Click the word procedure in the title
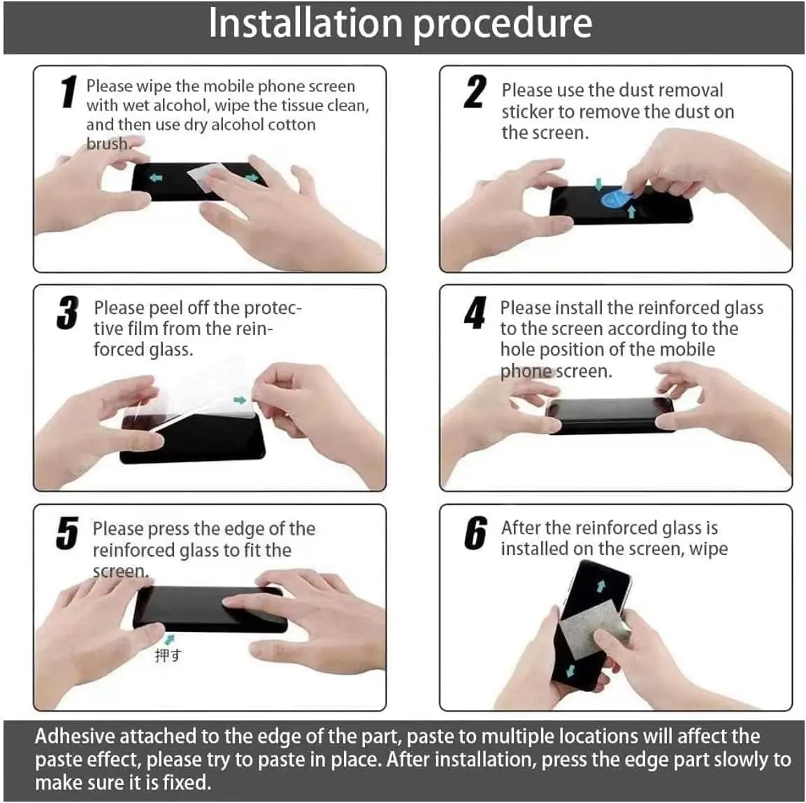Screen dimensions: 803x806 click(503, 24)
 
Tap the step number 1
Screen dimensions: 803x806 click(68, 93)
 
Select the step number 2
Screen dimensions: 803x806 click(475, 93)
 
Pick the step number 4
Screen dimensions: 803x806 click(475, 313)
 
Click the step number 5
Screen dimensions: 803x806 click(67, 534)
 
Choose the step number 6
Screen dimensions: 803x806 click(475, 534)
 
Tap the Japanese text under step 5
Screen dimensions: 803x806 click(168, 655)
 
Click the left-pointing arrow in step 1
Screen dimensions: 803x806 click(156, 178)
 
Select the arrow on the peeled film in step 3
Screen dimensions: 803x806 click(240, 400)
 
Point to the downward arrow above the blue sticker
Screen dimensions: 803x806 click(598, 183)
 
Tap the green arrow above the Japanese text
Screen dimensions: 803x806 click(168, 639)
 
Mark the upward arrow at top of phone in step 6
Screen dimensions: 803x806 click(600, 587)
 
